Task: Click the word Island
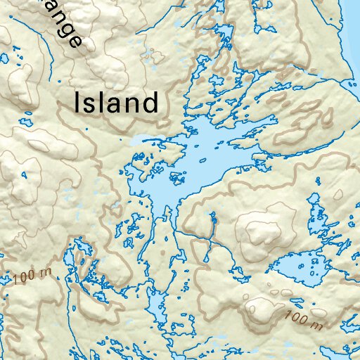pyautogui.click(x=116, y=104)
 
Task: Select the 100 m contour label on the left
pyautogui.click(x=32, y=276)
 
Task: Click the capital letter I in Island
pyautogui.click(x=78, y=103)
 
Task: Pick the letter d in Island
pyautogui.click(x=150, y=103)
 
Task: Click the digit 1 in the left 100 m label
pyautogui.click(x=15, y=281)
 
